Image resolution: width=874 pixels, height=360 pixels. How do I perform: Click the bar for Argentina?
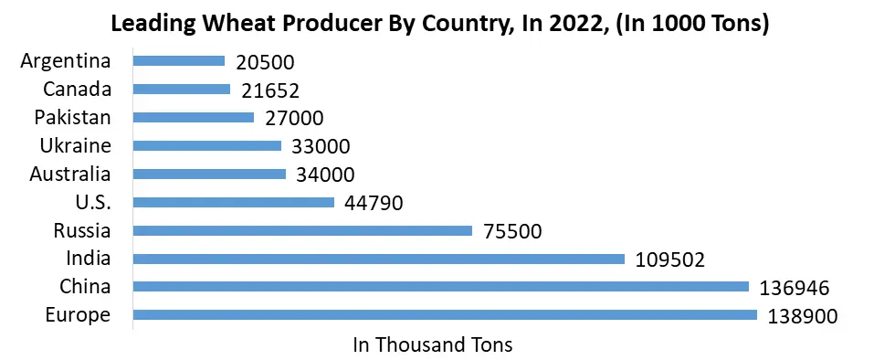[x=178, y=61]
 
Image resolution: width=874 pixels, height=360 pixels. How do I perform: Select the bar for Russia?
[x=302, y=230]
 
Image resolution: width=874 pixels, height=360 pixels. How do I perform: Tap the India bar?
[x=378, y=259]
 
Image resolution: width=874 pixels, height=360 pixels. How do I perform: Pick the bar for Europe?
[x=445, y=315]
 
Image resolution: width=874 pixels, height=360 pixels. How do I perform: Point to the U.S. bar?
[x=234, y=202]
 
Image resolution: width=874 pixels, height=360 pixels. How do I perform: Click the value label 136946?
[x=794, y=288]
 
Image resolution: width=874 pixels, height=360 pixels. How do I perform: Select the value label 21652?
[x=270, y=90]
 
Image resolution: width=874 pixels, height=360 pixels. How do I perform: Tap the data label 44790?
[x=374, y=203]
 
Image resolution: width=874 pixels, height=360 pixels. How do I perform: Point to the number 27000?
[x=294, y=119]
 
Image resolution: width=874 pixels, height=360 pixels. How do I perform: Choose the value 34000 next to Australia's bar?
[x=325, y=175]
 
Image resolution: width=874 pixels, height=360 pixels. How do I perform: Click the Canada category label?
[x=77, y=89]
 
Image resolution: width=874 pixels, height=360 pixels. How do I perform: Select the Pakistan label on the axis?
[x=72, y=117]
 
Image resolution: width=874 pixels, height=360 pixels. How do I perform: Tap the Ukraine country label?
[x=75, y=145]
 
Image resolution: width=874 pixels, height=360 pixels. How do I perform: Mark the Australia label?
[x=69, y=174]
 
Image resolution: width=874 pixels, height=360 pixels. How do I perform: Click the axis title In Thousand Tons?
[x=432, y=345]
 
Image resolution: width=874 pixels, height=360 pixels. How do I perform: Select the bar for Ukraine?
[x=206, y=145]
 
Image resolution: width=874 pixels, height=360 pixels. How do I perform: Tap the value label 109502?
[x=669, y=259]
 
